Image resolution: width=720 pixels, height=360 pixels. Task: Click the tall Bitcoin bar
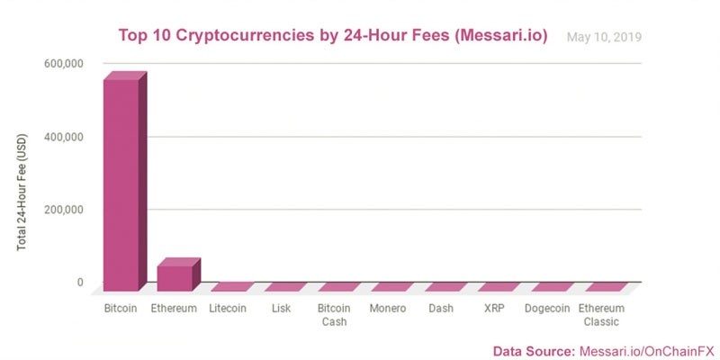tap(121, 184)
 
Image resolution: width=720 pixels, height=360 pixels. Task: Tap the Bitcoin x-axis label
tap(121, 309)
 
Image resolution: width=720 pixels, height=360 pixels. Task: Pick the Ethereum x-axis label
tap(175, 309)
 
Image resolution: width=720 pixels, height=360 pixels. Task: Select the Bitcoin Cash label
tap(334, 315)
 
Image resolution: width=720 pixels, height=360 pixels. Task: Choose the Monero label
tap(388, 309)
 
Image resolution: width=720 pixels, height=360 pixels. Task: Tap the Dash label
tap(441, 309)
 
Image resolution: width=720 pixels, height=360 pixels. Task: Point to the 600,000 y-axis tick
tap(63, 64)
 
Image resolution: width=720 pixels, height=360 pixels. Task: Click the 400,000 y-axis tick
tap(63, 137)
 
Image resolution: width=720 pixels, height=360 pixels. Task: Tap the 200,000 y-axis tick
tap(63, 210)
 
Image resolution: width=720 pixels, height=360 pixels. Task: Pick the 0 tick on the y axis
tap(79, 283)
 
